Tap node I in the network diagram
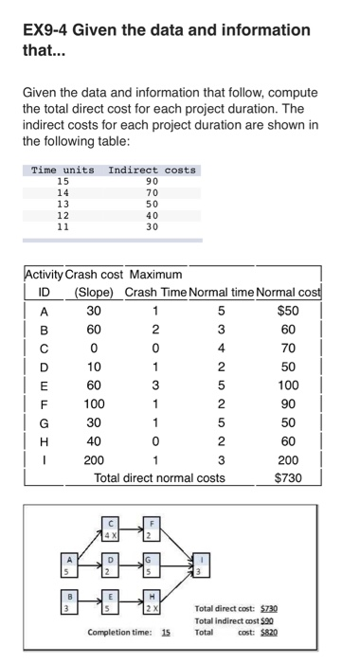198,567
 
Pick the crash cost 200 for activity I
94,459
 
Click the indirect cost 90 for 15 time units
152,180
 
